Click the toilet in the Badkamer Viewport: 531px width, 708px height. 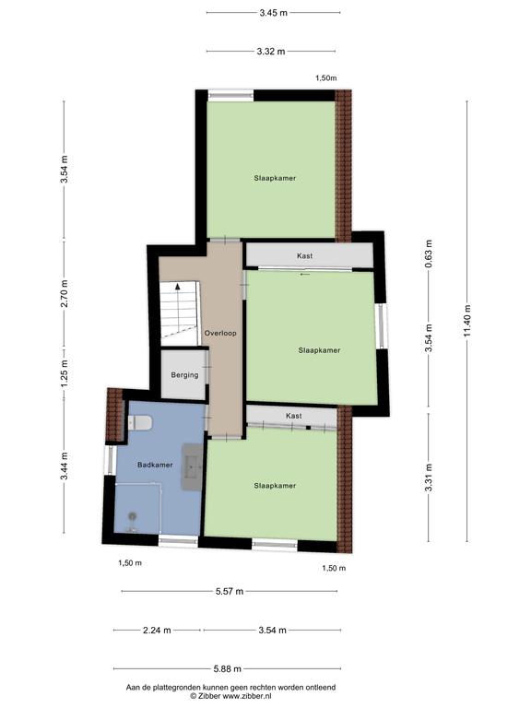click(140, 422)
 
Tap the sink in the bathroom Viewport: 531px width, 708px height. click(193, 466)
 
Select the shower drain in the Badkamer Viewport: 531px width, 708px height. click(133, 515)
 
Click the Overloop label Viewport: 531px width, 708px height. click(220, 333)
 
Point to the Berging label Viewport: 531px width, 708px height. click(184, 375)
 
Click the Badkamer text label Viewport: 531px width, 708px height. click(155, 465)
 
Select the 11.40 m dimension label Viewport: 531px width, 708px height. click(466, 321)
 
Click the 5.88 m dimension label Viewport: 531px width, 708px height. click(228, 668)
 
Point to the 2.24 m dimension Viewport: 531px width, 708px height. click(157, 630)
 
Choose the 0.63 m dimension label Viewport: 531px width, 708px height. click(429, 254)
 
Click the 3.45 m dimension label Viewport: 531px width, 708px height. click(273, 13)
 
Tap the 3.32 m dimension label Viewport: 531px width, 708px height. click(271, 52)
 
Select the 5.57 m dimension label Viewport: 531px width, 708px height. click(230, 591)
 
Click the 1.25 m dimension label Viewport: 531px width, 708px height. click(65, 373)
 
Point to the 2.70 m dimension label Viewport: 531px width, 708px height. click(65, 293)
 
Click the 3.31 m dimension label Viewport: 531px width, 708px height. click(429, 478)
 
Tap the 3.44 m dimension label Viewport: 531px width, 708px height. click(65, 466)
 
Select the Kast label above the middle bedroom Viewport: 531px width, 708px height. click(305, 255)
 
